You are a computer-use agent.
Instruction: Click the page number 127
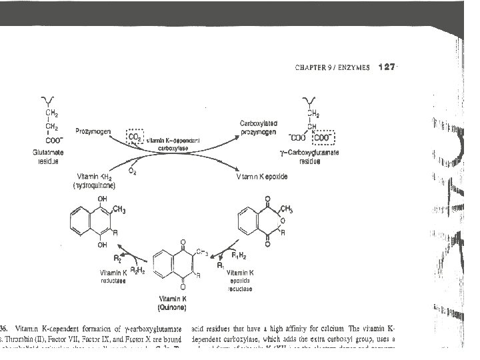(x=387, y=67)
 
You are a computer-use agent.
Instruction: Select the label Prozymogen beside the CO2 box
(x=94, y=131)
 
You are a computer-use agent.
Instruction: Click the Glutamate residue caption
(x=47, y=157)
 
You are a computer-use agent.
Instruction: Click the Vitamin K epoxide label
(x=261, y=178)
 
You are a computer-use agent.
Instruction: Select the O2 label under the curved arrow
(x=132, y=172)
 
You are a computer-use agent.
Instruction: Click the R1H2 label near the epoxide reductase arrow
(x=238, y=255)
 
